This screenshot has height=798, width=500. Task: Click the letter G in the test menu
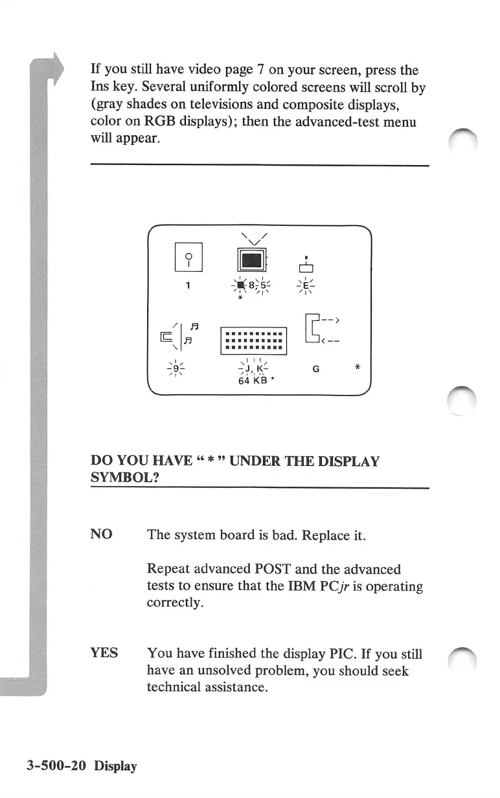coord(315,369)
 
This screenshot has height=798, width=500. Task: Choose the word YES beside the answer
coord(104,652)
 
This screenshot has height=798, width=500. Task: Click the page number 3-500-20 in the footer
coord(56,766)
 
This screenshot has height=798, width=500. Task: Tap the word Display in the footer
coord(115,766)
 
